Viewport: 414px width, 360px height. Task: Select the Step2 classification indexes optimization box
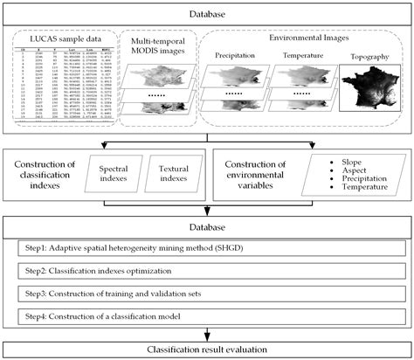coord(207,273)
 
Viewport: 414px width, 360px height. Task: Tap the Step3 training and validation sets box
coord(207,294)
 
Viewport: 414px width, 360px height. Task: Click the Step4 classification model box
coord(207,316)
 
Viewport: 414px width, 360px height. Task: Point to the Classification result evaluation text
coord(207,349)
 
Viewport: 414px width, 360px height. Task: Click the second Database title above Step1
coord(207,228)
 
